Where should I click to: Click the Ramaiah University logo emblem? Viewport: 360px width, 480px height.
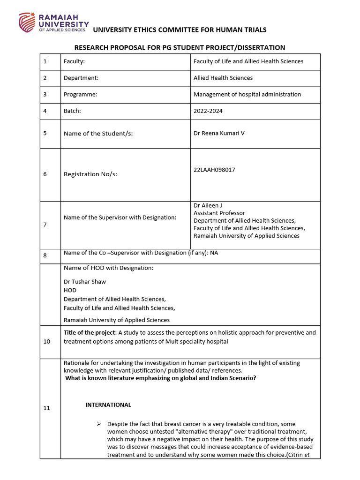(27, 22)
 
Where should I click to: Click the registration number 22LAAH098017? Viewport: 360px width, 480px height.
(214, 170)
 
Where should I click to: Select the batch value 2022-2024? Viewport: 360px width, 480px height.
(208, 111)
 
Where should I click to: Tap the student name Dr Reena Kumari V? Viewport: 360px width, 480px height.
(219, 133)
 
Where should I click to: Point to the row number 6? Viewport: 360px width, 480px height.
(45, 174)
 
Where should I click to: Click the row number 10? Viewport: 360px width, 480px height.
(46, 342)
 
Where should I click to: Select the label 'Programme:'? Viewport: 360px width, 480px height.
(81, 94)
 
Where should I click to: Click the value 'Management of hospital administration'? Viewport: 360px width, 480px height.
(247, 94)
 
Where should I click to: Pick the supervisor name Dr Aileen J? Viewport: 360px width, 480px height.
(208, 205)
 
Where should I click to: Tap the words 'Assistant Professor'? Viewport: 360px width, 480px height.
(219, 213)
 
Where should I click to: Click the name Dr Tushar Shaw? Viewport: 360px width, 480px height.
(85, 282)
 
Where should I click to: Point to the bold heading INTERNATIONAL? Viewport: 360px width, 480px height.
(108, 405)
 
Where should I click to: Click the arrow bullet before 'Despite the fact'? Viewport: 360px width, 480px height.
(99, 424)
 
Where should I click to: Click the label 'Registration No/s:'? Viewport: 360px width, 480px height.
(90, 174)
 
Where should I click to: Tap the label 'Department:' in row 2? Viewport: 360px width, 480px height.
(81, 78)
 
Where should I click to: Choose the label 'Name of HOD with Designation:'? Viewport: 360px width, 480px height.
(108, 268)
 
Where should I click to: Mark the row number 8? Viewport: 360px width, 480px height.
(45, 255)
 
